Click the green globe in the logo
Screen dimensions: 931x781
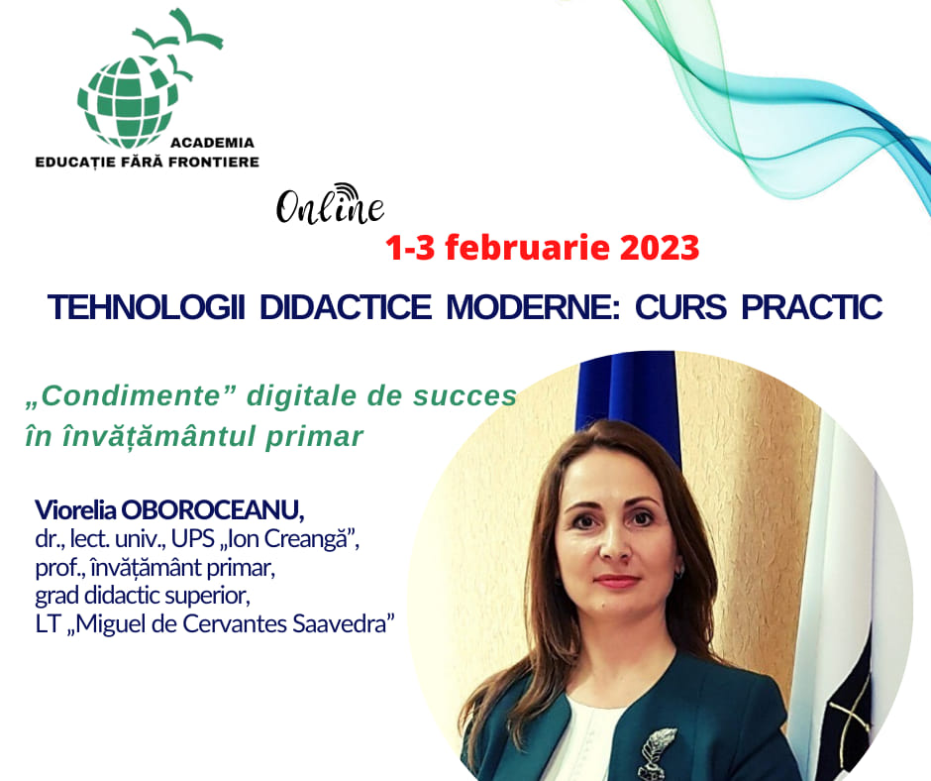click(128, 102)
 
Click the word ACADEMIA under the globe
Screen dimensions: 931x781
click(212, 143)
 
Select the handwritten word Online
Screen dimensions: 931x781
click(330, 208)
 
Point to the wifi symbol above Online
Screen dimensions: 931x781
click(347, 191)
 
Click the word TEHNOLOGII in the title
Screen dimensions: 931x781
click(147, 307)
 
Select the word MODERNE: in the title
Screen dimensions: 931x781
click(533, 307)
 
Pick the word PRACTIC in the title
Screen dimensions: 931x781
click(812, 307)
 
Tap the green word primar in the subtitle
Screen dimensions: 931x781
click(314, 437)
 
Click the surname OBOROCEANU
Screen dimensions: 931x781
click(213, 510)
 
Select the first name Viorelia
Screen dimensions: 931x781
click(75, 510)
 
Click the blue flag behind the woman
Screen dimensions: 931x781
click(628, 404)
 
